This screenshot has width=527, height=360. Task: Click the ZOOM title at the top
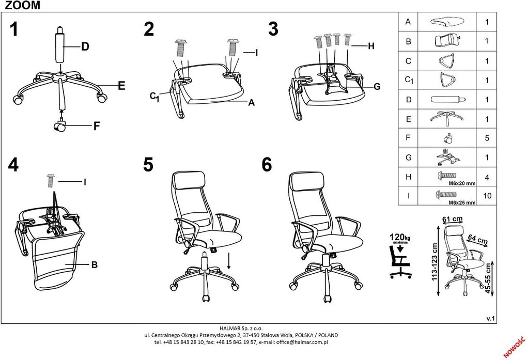(23, 5)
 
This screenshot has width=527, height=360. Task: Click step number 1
(14, 29)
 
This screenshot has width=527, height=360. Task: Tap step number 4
(13, 165)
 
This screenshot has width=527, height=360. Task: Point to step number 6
(267, 165)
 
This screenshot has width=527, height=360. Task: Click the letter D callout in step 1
(85, 46)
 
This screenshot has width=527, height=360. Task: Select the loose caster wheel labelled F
(60, 126)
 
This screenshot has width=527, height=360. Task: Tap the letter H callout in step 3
(371, 46)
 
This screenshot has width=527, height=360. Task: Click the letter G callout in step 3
(377, 87)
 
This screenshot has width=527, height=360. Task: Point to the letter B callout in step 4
(95, 265)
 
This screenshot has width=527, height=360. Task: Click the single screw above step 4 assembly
(51, 180)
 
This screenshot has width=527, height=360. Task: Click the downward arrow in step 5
(229, 260)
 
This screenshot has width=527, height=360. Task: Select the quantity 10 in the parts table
(487, 196)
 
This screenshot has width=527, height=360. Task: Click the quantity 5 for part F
(487, 138)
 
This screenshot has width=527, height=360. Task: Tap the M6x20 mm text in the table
(462, 183)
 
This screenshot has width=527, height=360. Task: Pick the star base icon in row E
(447, 118)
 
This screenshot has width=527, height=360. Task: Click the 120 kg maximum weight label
(399, 238)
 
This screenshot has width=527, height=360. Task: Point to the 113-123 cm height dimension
(434, 262)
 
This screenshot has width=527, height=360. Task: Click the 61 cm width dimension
(453, 220)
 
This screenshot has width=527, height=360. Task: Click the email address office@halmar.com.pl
(302, 342)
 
